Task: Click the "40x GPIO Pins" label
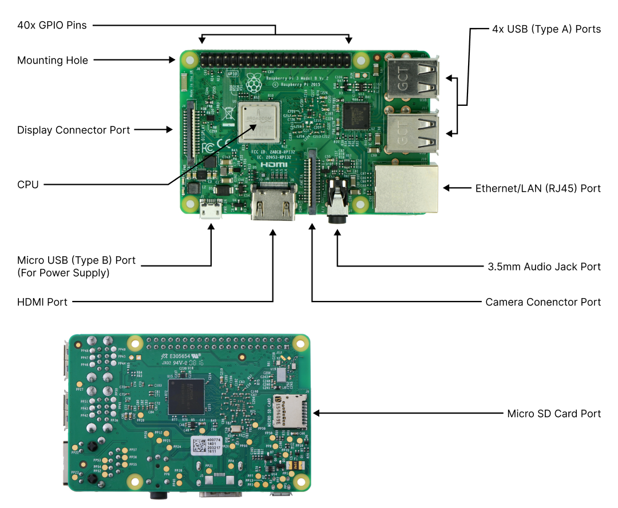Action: pyautogui.click(x=52, y=25)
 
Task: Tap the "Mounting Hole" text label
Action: pyautogui.click(x=53, y=60)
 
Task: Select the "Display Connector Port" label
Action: pyautogui.click(x=74, y=130)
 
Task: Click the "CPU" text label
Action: pyautogui.click(x=28, y=185)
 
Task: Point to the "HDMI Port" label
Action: pyautogui.click(x=42, y=301)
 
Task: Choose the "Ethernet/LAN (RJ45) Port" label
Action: pyautogui.click(x=538, y=188)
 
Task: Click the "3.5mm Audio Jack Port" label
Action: pyautogui.click(x=544, y=267)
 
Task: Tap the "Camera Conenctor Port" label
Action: pyautogui.click(x=543, y=301)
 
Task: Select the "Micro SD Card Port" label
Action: pyautogui.click(x=554, y=413)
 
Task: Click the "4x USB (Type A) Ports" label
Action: pyautogui.click(x=546, y=29)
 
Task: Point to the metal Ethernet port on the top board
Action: pyautogui.click(x=406, y=188)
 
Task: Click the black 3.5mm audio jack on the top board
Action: pyautogui.click(x=337, y=203)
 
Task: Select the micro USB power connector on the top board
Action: pyautogui.click(x=211, y=211)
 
